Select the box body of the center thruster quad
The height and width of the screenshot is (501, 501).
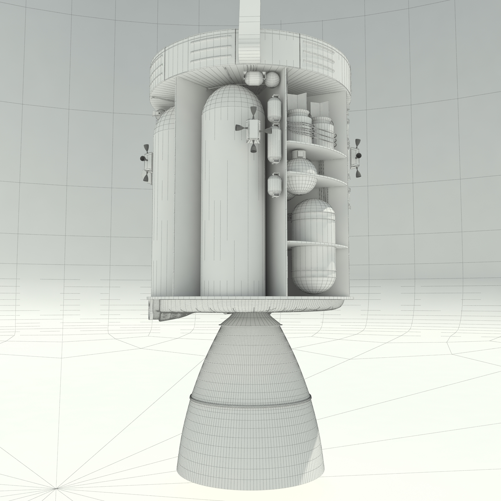[x=254, y=129]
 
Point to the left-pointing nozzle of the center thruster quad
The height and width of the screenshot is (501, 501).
[x=239, y=127]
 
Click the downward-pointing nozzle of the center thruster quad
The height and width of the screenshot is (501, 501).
[x=253, y=148]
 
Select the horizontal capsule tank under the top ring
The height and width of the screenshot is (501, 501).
[x=254, y=78]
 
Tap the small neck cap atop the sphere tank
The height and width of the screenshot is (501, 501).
[x=301, y=154]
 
